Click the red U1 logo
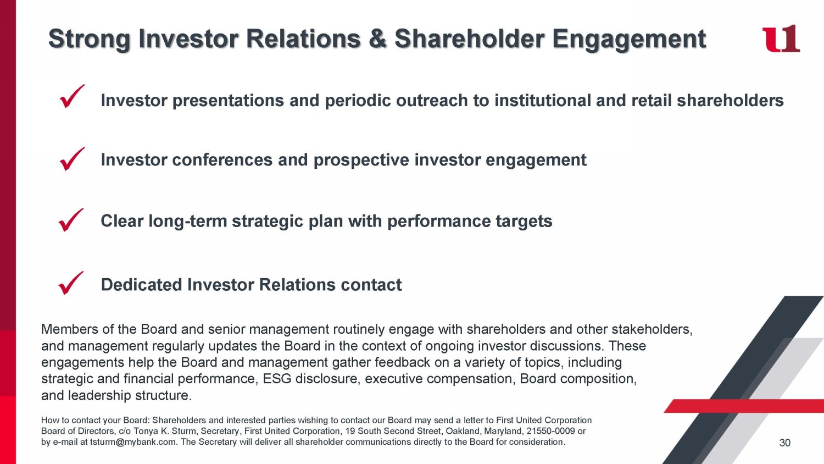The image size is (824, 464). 781,38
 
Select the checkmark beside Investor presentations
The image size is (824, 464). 72,96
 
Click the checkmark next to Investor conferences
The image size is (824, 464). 72,159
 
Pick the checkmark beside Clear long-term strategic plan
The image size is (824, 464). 71,220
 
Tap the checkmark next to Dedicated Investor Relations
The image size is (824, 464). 71,283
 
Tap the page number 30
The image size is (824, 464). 784,443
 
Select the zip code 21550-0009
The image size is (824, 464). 550,431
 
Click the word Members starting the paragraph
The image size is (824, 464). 70,329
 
